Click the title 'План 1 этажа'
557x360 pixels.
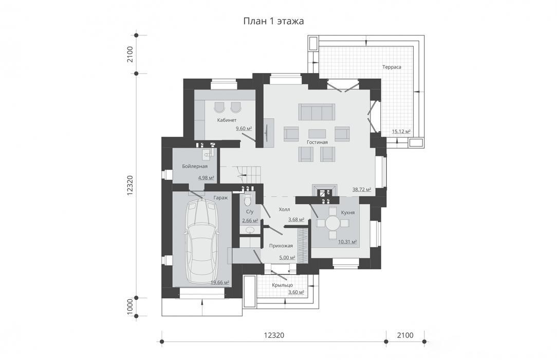pyautogui.click(x=273, y=21)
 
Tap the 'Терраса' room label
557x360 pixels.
pyautogui.click(x=392, y=67)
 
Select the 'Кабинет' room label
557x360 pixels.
pyautogui.click(x=227, y=120)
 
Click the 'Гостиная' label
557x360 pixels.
pyautogui.click(x=317, y=142)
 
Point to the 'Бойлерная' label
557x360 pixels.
pyautogui.click(x=195, y=166)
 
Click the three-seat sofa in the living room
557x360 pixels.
pyautogui.click(x=317, y=112)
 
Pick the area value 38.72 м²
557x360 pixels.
pyautogui.click(x=362, y=189)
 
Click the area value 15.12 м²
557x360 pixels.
pyautogui.click(x=401, y=132)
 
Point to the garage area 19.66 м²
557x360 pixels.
pyautogui.click(x=220, y=282)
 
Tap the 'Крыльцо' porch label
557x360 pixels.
pyautogui.click(x=283, y=285)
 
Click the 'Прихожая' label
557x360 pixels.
pyautogui.click(x=281, y=245)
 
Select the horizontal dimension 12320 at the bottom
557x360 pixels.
pyautogui.click(x=274, y=335)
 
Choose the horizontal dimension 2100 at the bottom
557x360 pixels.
pyautogui.click(x=405, y=335)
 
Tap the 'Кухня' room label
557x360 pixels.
pyautogui.click(x=348, y=212)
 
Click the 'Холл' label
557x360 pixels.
pyautogui.click(x=284, y=210)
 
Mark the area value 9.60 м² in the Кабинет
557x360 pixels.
pyautogui.click(x=244, y=128)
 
